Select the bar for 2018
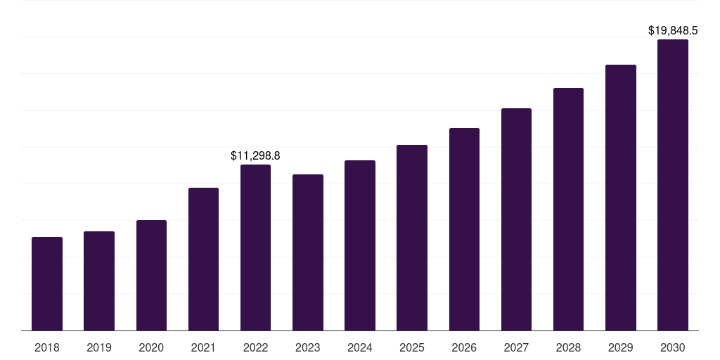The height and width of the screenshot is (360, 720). (47, 284)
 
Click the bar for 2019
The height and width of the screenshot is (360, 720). (99, 281)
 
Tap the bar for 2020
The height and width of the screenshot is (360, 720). (152, 276)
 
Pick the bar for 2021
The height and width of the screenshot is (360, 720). (203, 259)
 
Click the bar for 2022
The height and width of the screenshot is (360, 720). (255, 247)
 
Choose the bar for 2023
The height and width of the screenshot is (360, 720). (308, 252)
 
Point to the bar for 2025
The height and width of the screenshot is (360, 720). (412, 238)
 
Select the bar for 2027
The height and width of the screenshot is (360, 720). (516, 219)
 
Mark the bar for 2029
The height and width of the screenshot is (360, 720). (621, 198)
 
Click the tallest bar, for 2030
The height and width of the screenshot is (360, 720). (673, 185)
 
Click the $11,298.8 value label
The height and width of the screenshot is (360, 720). (255, 156)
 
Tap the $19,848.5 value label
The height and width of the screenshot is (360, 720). (673, 31)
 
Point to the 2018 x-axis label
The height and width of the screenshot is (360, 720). (47, 347)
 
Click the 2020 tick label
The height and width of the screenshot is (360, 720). (152, 347)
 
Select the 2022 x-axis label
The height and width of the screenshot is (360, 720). (255, 347)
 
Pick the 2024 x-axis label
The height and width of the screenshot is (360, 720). (360, 347)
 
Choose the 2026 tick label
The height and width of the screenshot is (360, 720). (464, 347)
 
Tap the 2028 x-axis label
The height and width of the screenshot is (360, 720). (568, 347)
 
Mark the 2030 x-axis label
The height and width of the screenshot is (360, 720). (673, 347)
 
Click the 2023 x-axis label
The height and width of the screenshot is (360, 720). (308, 347)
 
